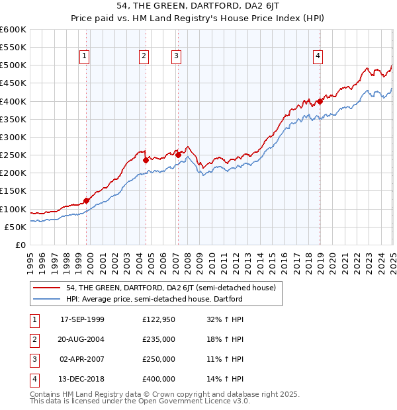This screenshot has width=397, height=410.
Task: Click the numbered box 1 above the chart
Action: click(85, 57)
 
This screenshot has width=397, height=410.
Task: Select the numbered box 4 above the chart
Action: click(318, 57)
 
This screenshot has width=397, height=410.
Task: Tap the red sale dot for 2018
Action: click(320, 101)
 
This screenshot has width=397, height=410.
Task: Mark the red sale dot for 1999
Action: click(87, 201)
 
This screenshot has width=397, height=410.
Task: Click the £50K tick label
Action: click(16, 227)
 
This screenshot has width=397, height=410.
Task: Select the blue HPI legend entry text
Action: click(154, 299)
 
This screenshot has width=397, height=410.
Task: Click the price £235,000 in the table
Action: click(159, 339)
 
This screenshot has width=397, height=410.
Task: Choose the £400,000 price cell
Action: click(159, 379)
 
